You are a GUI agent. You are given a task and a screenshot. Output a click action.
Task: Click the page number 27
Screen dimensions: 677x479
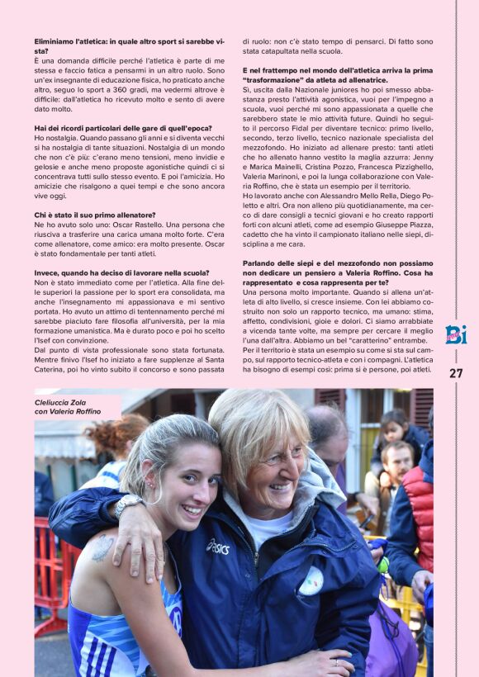(x=455, y=373)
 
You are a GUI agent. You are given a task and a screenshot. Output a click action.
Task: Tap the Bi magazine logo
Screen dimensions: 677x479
(x=455, y=334)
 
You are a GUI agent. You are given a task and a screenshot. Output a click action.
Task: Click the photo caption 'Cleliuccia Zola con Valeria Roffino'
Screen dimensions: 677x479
(x=68, y=406)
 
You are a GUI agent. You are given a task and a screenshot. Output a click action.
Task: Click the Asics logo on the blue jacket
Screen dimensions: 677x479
(x=218, y=546)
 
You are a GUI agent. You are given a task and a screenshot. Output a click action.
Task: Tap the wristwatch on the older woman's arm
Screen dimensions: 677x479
(x=128, y=505)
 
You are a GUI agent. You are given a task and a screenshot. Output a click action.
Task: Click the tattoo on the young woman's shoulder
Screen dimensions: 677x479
(x=102, y=548)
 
